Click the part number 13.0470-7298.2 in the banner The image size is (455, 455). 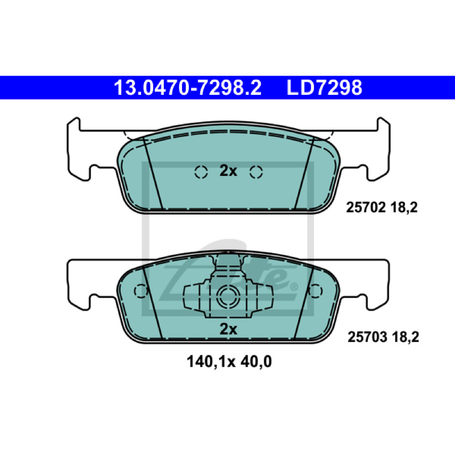188,88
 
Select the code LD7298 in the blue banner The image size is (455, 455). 324,88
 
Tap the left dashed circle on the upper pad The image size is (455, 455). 201,172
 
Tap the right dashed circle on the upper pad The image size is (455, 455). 256,172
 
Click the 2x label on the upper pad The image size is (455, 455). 229,171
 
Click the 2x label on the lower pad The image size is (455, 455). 229,329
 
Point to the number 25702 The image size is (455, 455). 366,208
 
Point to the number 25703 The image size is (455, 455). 367,337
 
